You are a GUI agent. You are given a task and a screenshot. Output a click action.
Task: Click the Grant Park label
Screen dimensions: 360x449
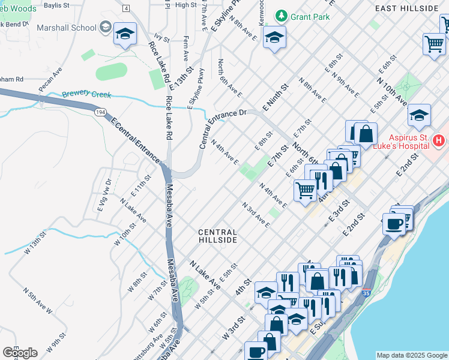tap(309, 17)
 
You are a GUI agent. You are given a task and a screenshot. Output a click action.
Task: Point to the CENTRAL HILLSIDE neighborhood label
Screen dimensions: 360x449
tap(218, 236)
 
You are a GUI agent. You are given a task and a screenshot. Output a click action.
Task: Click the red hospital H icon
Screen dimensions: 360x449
tap(439, 141)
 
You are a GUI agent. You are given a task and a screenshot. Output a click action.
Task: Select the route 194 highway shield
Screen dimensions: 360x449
tap(100, 112)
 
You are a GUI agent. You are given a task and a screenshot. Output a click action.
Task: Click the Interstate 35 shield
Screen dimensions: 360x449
tap(366, 294)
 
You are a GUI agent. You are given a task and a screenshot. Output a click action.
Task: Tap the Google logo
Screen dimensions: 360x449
tap(20, 353)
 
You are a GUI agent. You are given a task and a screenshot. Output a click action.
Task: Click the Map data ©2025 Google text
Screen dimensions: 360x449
tap(411, 355)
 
